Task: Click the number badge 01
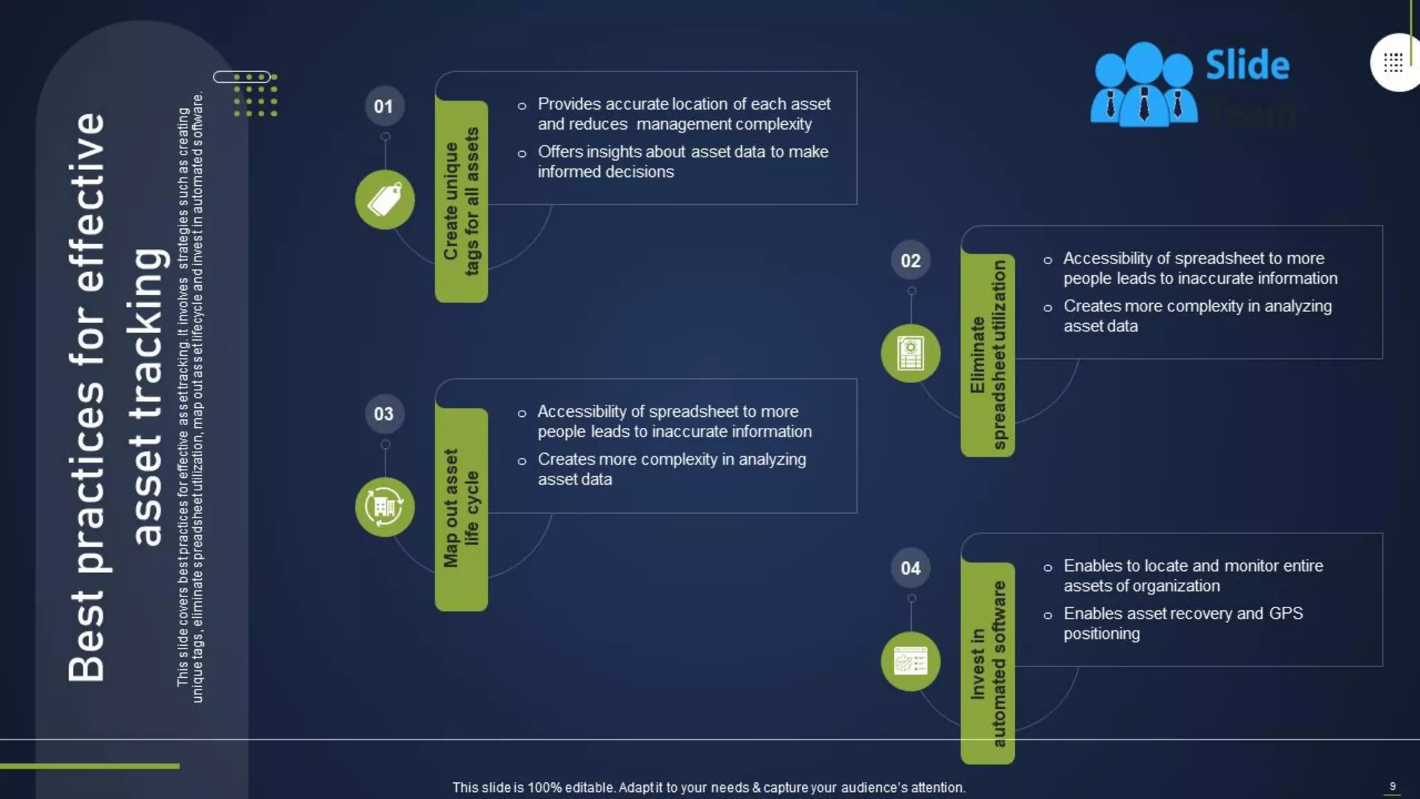[x=384, y=106]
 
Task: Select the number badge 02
[x=910, y=261]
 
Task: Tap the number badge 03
[x=384, y=414]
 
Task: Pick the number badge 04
[x=910, y=568]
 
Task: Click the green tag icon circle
[x=385, y=200]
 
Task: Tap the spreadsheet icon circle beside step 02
[x=910, y=354]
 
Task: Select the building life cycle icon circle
[x=385, y=507]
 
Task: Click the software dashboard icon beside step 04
[x=910, y=662]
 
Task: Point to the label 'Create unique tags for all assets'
[x=461, y=201]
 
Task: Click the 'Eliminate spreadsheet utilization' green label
[x=987, y=354]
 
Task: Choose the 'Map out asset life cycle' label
[x=461, y=508]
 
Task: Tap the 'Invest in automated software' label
[x=987, y=663]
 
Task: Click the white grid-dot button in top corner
[x=1394, y=62]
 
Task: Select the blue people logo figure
[x=1143, y=85]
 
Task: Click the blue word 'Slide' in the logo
[x=1247, y=65]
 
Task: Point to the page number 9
[x=1392, y=787]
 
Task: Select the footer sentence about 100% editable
[x=709, y=788]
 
